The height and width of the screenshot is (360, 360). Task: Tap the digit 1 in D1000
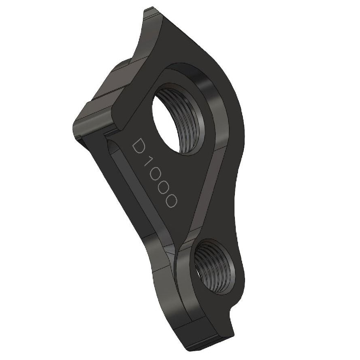150,163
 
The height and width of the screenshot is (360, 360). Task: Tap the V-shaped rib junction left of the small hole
178,251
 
